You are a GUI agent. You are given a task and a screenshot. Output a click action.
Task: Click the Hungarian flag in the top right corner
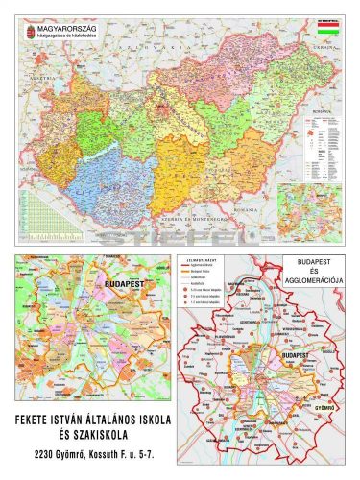(329, 31)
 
